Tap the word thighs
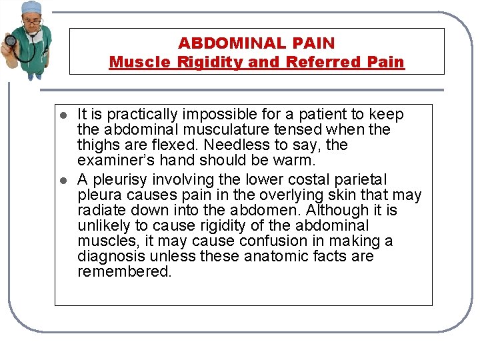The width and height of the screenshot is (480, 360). (x=98, y=145)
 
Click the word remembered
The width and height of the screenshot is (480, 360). (x=124, y=272)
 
